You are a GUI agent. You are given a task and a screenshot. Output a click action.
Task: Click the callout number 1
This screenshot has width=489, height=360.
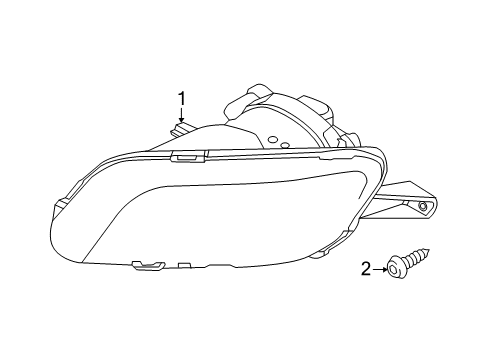click(182, 98)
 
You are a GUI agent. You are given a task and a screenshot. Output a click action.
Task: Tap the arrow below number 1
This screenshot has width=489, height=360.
click(182, 117)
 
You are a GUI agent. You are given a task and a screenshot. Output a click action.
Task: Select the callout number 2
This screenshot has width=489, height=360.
click(365, 267)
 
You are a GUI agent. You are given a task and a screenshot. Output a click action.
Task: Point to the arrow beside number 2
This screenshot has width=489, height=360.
click(380, 267)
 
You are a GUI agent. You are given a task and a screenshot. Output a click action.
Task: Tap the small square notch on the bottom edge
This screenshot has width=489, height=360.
click(184, 266)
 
